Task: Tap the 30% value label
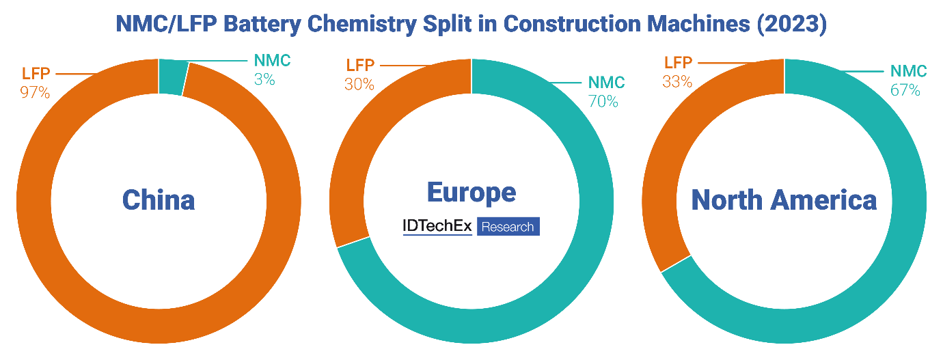pos(359,84)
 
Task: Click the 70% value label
pos(603,101)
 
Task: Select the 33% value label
pos(677,82)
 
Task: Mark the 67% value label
pos(905,89)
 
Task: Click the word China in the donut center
pos(159,200)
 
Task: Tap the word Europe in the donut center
pos(471,192)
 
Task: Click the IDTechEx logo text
pos(437,227)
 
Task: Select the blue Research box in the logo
pos(508,227)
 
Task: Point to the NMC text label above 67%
pos(908,71)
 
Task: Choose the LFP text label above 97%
pos(35,74)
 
